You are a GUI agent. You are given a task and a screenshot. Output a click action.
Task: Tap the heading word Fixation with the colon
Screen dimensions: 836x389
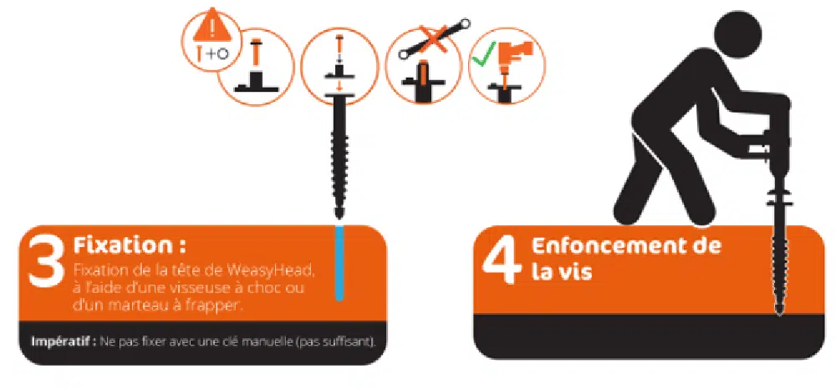[x=130, y=246]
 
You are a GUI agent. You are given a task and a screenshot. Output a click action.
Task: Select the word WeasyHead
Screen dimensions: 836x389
[x=268, y=270]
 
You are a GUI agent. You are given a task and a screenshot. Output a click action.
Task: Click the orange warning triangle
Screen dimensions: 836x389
[x=212, y=28]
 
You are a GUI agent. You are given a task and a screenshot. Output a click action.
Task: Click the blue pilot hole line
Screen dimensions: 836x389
[x=339, y=264]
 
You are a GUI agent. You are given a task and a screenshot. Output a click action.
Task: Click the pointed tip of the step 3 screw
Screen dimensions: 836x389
[x=339, y=216]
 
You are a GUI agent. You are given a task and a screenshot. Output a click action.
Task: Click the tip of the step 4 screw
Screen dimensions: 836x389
[x=779, y=314]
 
